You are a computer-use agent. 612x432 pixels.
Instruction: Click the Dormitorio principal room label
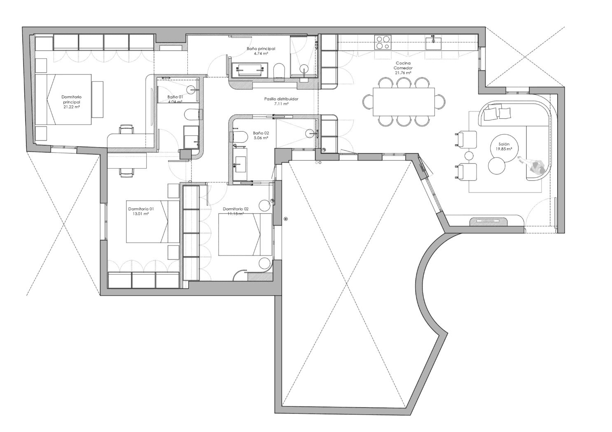[71, 102]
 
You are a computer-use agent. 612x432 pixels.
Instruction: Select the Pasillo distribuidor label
[281, 101]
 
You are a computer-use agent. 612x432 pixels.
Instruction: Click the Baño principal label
[261, 51]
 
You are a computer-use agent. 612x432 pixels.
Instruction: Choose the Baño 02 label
[261, 135]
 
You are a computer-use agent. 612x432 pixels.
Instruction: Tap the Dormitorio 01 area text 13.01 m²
[140, 214]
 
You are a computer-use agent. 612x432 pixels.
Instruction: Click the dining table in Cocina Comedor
[404, 102]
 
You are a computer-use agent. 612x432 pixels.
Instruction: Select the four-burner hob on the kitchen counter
[383, 42]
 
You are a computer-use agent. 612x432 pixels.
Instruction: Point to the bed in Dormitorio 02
[245, 234]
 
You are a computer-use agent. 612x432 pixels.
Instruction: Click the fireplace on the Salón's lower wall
[489, 221]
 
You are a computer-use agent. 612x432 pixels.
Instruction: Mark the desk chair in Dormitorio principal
[126, 129]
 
